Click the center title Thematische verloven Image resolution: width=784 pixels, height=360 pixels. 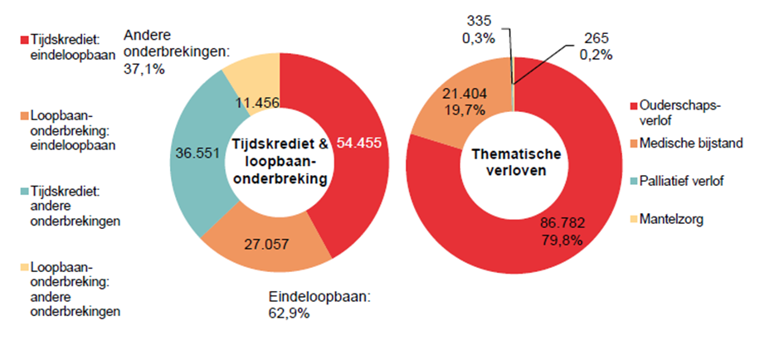516,163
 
